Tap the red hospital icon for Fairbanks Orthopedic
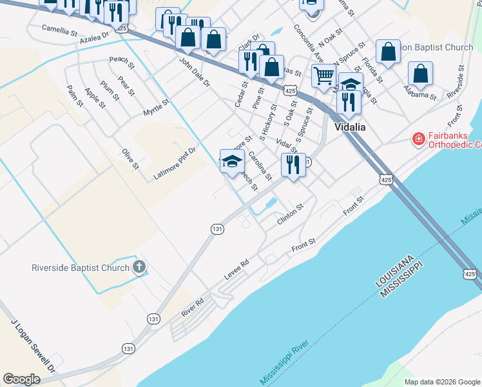[x=418, y=139]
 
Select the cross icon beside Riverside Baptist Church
[x=139, y=267]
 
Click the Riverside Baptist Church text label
[x=81, y=267]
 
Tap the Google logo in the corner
[x=21, y=379]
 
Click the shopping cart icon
[x=324, y=75]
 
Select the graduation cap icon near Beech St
[x=231, y=161]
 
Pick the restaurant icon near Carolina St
[x=293, y=164]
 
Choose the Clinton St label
[x=289, y=215]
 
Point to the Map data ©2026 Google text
[x=442, y=382]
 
